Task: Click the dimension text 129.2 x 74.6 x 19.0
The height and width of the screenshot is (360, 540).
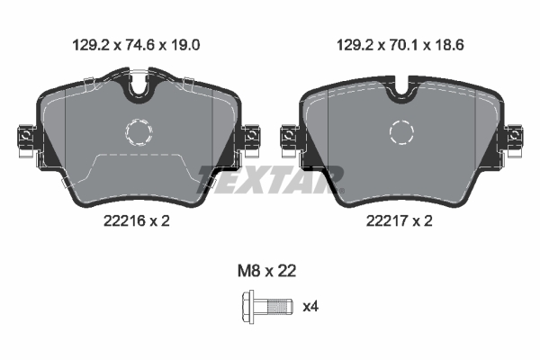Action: click(x=137, y=45)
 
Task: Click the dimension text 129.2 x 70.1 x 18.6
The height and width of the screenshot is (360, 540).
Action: click(x=400, y=45)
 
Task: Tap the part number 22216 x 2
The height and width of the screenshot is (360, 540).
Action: click(x=137, y=220)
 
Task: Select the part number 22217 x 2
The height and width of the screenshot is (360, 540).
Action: click(x=399, y=220)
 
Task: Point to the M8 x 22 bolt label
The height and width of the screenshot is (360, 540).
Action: click(x=267, y=271)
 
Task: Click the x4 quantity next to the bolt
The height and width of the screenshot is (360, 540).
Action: click(x=310, y=306)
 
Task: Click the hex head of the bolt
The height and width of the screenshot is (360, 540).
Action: click(x=248, y=307)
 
